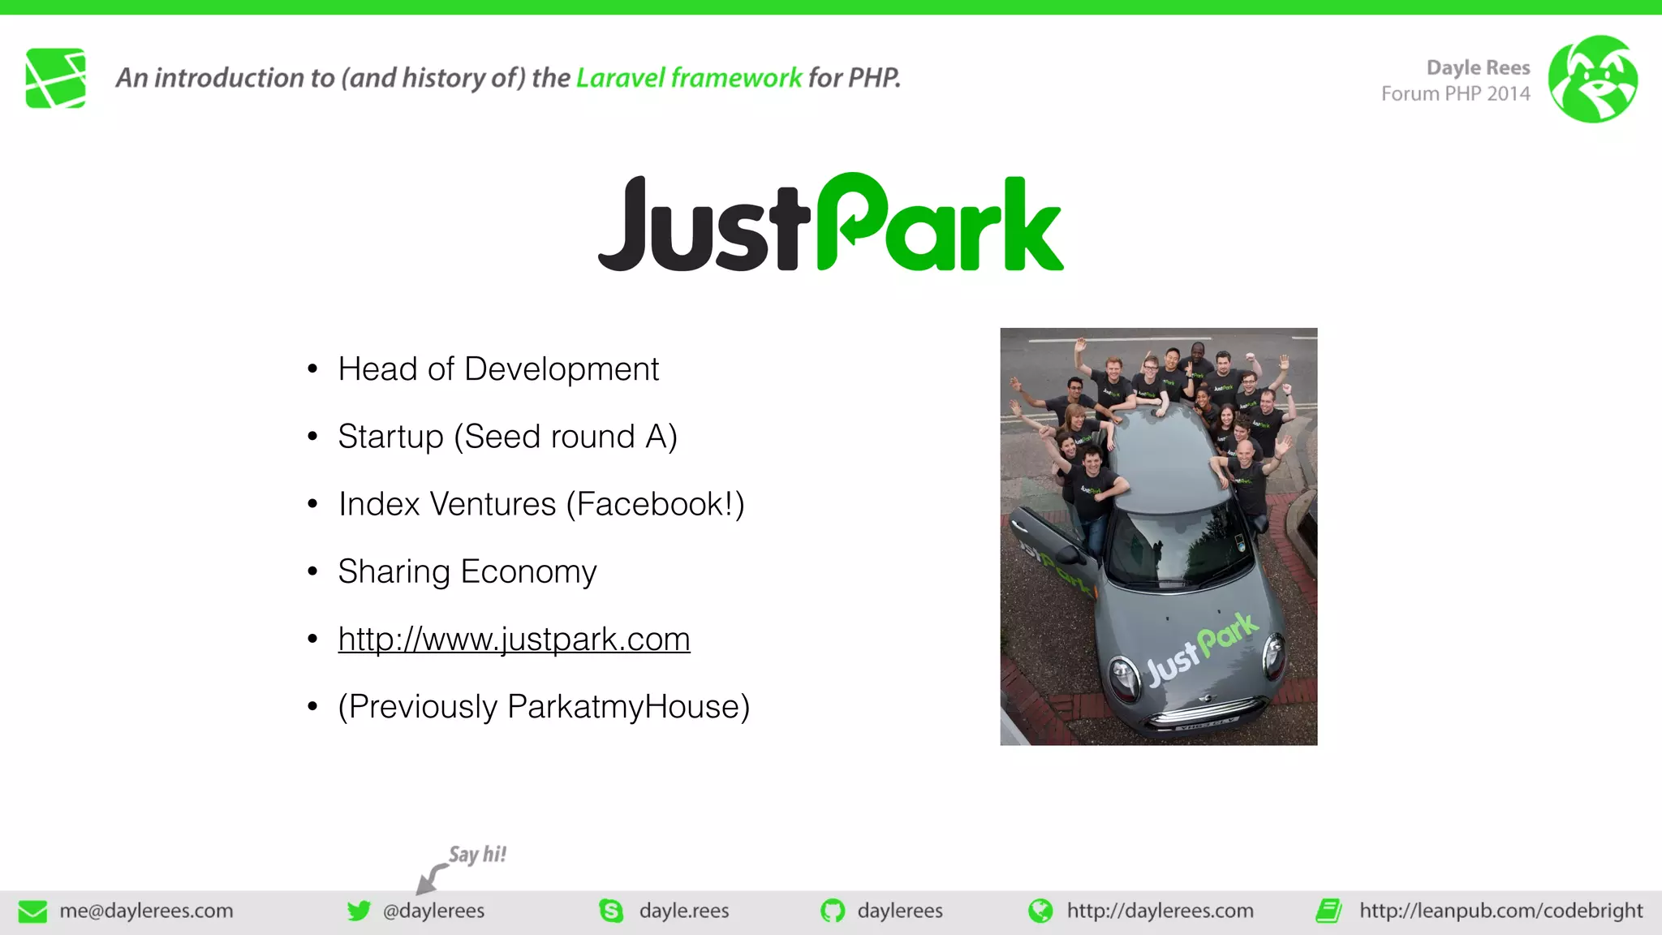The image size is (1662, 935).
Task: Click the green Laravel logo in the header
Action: click(x=55, y=78)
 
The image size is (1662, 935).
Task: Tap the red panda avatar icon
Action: click(x=1592, y=79)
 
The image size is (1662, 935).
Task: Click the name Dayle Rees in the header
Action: click(x=1478, y=67)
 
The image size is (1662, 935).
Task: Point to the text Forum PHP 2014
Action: click(x=1455, y=94)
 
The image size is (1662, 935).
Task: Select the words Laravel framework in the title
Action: click(x=689, y=78)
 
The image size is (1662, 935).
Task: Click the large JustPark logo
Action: click(x=830, y=222)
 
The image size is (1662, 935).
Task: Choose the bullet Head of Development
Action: click(x=498, y=369)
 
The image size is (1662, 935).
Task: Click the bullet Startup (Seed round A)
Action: click(x=507, y=437)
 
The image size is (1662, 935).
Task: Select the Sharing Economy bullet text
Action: click(x=467, y=571)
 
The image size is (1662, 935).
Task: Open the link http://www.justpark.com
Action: click(x=514, y=640)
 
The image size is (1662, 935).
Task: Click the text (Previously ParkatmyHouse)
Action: click(x=544, y=707)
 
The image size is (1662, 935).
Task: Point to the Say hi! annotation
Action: click(x=477, y=855)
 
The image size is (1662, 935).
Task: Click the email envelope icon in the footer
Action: click(x=32, y=911)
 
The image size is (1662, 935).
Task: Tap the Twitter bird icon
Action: click(x=359, y=911)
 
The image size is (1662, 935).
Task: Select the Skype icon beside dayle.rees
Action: click(x=611, y=911)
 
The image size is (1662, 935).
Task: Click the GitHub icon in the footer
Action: click(x=833, y=911)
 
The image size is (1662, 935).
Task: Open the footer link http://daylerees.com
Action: click(x=1160, y=911)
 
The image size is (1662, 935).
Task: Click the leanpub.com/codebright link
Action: click(x=1501, y=911)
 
